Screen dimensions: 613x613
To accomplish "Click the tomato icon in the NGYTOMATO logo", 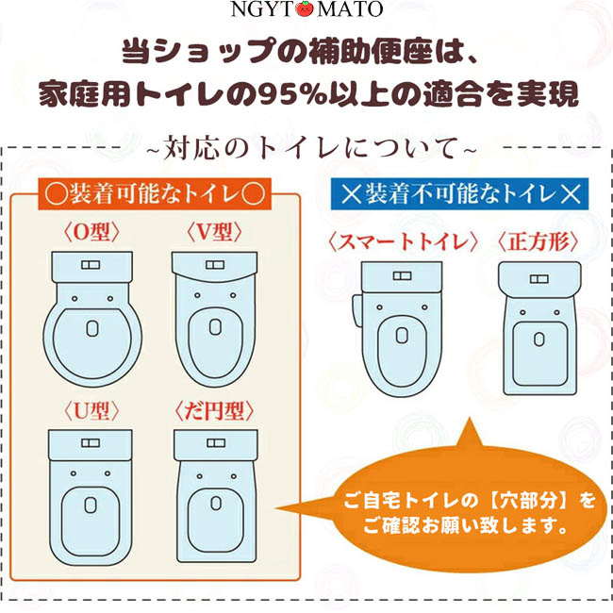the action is (x=305, y=9).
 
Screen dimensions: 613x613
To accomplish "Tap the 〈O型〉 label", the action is (x=91, y=232).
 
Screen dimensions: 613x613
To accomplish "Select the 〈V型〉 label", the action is (x=214, y=232).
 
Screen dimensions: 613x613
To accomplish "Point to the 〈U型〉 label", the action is (x=91, y=410).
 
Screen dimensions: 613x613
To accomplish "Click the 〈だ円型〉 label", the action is (x=214, y=411).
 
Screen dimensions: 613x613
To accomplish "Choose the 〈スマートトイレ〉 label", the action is (x=403, y=241).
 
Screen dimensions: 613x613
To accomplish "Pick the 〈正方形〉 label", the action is (x=538, y=241).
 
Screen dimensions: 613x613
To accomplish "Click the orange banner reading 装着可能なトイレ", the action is (x=155, y=194).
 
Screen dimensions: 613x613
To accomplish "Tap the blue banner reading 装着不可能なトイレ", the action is (x=460, y=194).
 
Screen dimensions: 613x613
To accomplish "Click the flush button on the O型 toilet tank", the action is (x=91, y=265).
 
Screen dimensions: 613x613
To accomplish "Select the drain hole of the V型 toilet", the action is (x=215, y=327).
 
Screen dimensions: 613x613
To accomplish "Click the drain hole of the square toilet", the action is (x=539, y=339).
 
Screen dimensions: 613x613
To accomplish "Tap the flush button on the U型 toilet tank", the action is (x=91, y=443).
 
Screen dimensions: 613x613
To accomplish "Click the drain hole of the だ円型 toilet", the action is (x=216, y=504).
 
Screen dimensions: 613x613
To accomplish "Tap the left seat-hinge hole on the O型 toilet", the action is (x=75, y=299).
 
